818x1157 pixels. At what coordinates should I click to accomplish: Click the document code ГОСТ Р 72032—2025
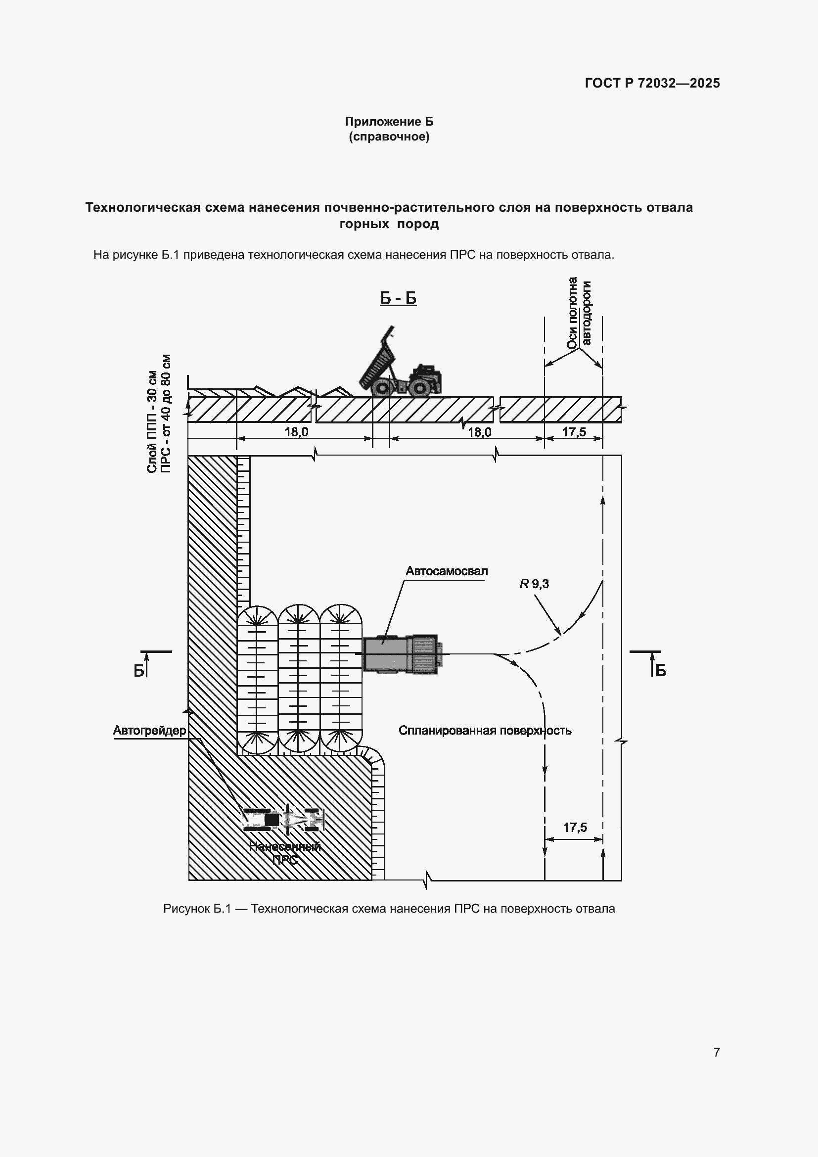click(x=652, y=83)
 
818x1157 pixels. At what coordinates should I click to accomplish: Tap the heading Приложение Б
click(x=389, y=122)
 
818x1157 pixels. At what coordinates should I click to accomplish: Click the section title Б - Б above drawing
click(x=398, y=298)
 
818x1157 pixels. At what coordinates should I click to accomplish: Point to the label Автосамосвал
click(x=447, y=571)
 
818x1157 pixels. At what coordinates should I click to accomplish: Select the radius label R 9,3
click(x=535, y=584)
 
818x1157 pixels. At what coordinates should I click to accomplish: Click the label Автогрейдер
click(x=149, y=730)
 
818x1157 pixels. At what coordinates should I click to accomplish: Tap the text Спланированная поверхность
click(x=485, y=730)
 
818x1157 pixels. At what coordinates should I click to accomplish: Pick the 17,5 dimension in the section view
click(x=574, y=432)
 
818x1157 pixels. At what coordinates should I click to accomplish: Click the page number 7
click(x=717, y=1052)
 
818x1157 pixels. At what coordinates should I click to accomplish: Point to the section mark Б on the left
click(x=139, y=671)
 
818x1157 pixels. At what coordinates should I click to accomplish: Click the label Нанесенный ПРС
click(x=285, y=853)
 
